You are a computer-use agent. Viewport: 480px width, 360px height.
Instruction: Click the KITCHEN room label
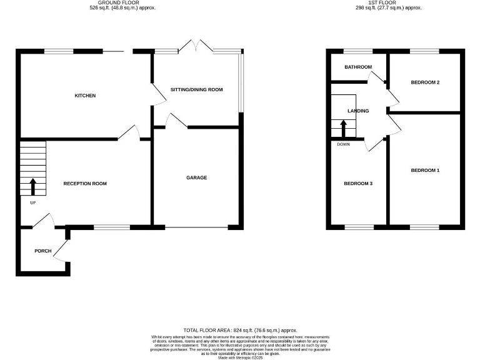pos(85,96)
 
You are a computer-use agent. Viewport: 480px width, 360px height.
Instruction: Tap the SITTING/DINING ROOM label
pos(196,90)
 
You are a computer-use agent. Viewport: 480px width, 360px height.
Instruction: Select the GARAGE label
pos(196,177)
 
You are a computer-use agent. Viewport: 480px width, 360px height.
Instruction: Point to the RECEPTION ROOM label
pos(85,184)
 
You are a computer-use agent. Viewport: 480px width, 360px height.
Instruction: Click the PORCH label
pos(42,251)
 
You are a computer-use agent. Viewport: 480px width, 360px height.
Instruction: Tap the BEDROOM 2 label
pos(425,82)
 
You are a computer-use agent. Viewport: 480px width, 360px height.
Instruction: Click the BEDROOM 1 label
pos(425,170)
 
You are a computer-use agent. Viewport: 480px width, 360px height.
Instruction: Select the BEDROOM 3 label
pos(358,184)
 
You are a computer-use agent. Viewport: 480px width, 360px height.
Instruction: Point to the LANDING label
pos(358,111)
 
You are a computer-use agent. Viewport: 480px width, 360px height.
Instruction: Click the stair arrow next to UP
pos(32,186)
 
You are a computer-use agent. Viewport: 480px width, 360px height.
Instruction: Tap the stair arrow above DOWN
pos(343,127)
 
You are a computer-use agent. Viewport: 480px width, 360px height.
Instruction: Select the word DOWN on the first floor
pos(343,144)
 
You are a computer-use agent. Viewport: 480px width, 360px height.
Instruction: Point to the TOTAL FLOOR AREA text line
pos(240,330)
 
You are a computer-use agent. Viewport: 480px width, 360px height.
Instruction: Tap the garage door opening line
pos(197,227)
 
